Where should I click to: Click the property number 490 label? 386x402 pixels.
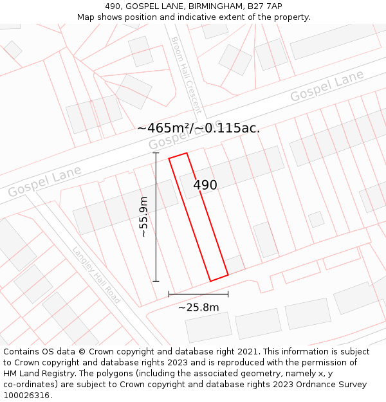[205, 185]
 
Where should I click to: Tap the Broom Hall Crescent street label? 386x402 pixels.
[186, 75]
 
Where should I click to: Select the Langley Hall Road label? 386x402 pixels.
[96, 275]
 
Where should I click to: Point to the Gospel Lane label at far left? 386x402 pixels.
[44, 181]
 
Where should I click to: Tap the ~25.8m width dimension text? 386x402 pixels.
[198, 307]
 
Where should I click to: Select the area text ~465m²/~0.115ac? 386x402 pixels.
[198, 128]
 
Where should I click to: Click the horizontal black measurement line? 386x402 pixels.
[198, 294]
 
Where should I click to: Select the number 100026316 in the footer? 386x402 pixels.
[28, 396]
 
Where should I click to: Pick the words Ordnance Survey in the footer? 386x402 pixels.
[334, 385]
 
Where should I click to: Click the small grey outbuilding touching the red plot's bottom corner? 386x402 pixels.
[235, 264]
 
